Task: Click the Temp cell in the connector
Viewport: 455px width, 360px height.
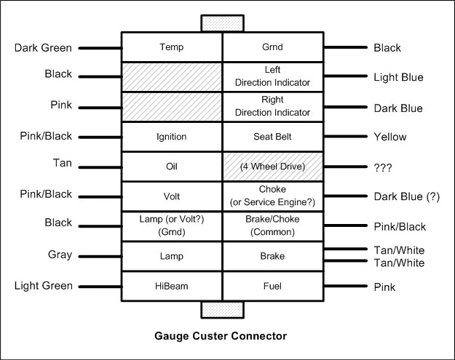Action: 172,47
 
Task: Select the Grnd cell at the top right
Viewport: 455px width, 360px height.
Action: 273,47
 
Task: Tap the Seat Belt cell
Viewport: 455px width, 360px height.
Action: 273,137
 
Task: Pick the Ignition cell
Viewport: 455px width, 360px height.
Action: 172,137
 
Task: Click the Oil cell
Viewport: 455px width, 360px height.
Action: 172,167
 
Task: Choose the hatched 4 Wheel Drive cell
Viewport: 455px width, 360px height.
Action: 273,167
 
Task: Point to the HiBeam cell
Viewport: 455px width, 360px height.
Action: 172,286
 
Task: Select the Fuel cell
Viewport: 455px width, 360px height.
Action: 273,286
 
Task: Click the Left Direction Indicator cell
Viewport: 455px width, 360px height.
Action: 273,77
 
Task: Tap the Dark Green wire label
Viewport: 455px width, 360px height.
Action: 43,48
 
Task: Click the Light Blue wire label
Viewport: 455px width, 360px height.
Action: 398,77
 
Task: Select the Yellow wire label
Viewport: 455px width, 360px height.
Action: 390,137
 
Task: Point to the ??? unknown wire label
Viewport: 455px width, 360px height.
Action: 383,167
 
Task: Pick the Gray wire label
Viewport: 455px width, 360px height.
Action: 60,255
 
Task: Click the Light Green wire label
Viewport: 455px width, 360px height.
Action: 44,286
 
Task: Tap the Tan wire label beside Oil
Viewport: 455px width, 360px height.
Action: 63,163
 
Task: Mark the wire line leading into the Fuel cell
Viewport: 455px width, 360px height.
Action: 345,286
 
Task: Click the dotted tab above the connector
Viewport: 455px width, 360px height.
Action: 223,23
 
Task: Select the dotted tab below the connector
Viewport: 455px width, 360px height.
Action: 223,310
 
